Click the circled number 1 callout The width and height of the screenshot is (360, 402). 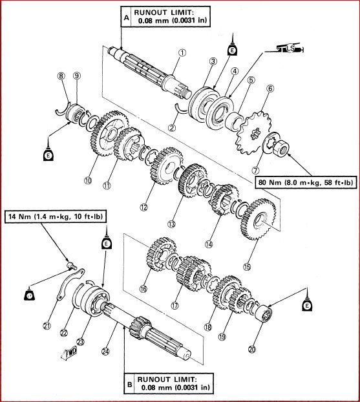click(182, 53)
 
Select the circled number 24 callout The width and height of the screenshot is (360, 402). click(106, 352)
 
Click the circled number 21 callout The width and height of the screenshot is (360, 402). click(46, 325)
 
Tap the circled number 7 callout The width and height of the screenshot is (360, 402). click(259, 159)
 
